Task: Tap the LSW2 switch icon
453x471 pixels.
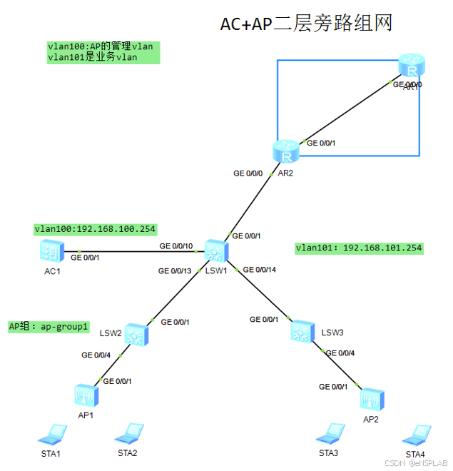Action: (x=136, y=333)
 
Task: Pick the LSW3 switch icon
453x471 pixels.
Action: (x=302, y=330)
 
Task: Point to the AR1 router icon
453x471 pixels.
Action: (x=410, y=67)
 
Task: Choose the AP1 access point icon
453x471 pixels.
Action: (x=85, y=394)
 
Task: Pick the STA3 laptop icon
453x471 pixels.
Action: (x=329, y=433)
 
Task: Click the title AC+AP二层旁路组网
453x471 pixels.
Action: (x=306, y=24)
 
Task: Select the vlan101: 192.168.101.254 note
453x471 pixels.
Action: (x=359, y=248)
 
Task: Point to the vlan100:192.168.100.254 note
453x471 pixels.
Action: (x=95, y=229)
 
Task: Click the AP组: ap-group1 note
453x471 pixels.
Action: (x=49, y=326)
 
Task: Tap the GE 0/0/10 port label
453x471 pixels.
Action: (x=176, y=246)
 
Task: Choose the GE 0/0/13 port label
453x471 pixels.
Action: (x=175, y=271)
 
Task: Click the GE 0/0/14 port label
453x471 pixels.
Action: (x=259, y=270)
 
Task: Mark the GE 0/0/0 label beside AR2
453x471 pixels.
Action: (x=248, y=173)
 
